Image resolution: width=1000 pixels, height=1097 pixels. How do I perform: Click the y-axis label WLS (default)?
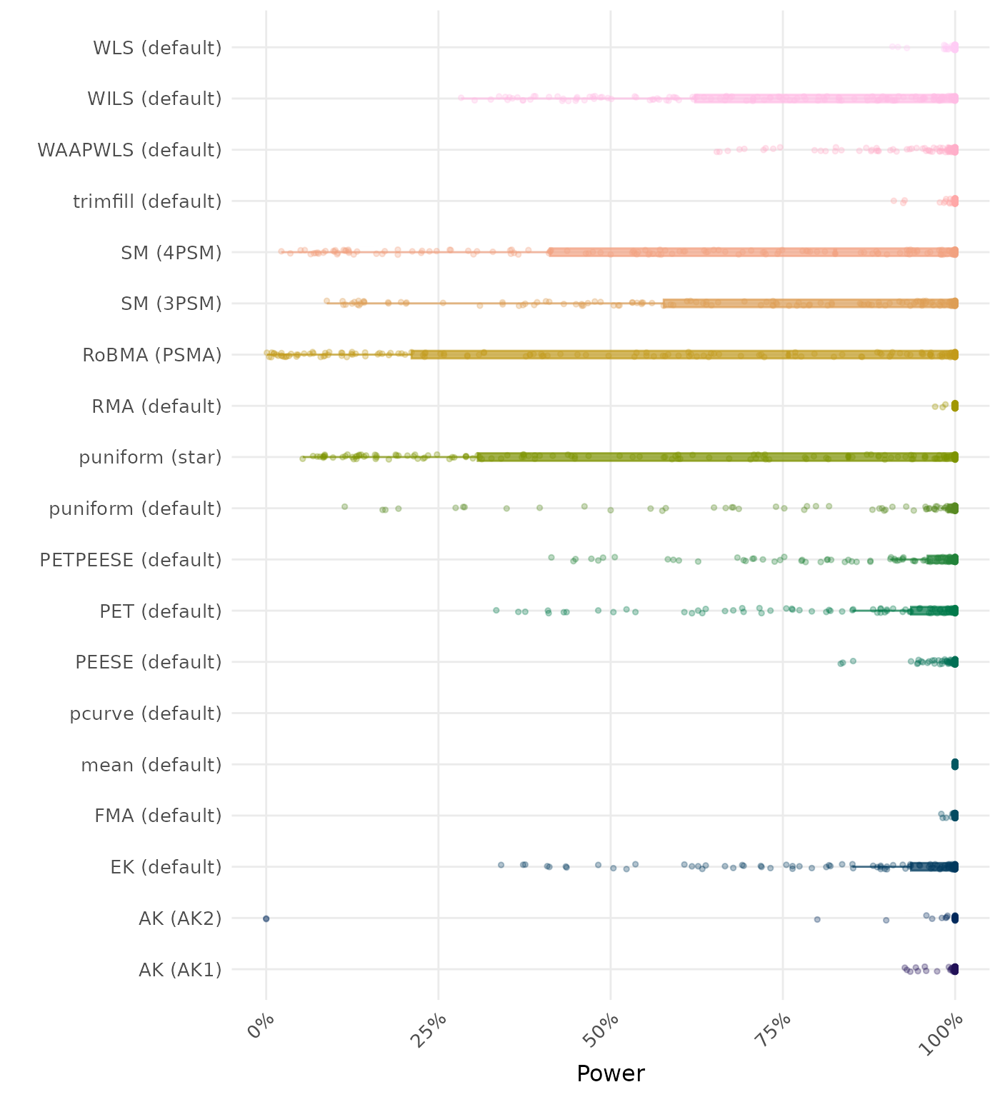tap(157, 48)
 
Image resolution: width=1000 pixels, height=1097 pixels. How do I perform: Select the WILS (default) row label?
tap(154, 99)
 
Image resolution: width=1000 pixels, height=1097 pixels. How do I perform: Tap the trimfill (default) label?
tap(147, 201)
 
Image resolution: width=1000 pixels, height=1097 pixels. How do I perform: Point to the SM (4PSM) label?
tap(171, 253)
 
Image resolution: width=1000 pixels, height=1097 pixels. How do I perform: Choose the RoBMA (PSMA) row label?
tap(152, 355)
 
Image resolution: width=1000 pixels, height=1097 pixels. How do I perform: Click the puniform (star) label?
tap(150, 457)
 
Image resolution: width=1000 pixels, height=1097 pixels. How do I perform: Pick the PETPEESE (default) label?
tap(131, 560)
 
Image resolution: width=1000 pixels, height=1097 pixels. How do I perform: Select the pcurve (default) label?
tap(146, 713)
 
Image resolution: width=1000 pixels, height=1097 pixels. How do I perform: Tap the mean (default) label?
tap(151, 765)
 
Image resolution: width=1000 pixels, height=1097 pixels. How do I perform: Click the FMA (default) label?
tap(158, 816)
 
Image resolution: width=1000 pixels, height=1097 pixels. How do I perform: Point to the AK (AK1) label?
tap(180, 970)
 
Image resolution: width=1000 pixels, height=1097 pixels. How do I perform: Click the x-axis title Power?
tap(611, 1073)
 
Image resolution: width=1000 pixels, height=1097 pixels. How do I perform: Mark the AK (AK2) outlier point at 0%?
tap(266, 918)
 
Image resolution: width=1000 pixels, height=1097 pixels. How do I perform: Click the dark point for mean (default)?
tap(955, 765)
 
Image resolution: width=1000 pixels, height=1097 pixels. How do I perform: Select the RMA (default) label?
tap(156, 406)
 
